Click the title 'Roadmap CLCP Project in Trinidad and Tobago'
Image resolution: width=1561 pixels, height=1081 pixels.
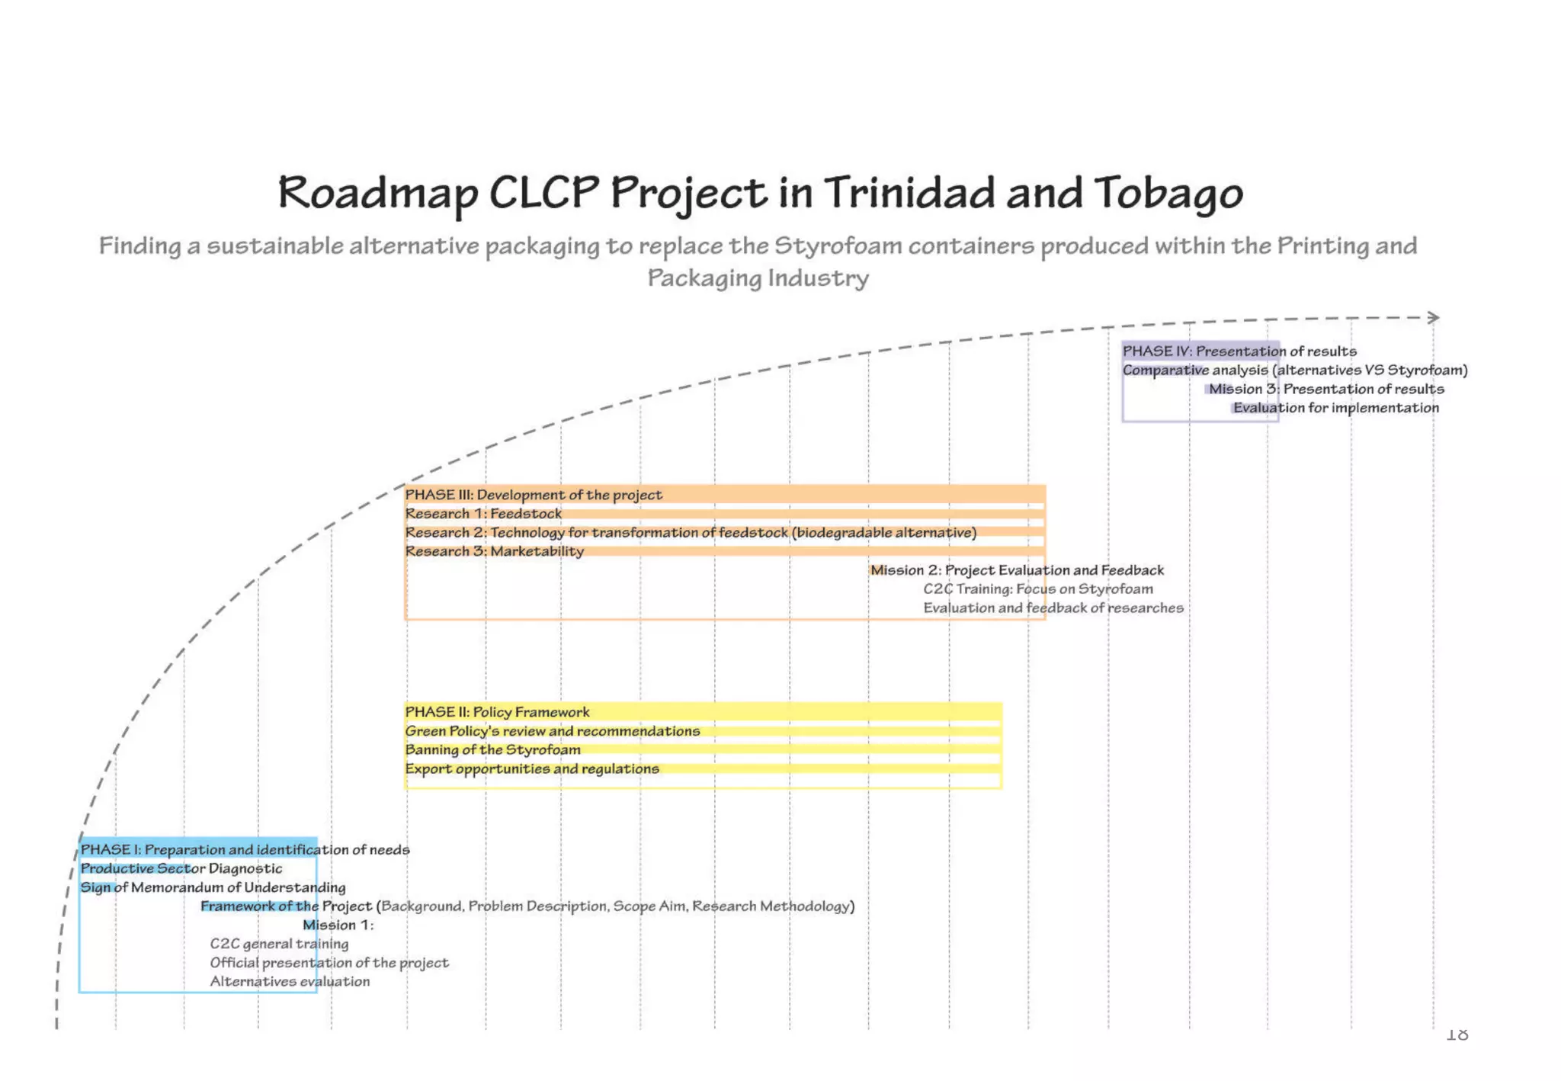[760, 192]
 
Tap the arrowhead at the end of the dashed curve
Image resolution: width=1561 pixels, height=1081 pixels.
[1434, 317]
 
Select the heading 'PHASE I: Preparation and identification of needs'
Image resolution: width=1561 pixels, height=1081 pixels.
[245, 849]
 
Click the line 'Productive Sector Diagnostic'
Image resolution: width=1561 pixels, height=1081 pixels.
[181, 868]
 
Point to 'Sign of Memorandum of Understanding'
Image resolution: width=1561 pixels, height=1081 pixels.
[213, 887]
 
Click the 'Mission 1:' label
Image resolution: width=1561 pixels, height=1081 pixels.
[338, 925]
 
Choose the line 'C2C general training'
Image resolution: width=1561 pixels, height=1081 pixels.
[279, 944]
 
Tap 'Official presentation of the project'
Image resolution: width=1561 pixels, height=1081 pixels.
[329, 963]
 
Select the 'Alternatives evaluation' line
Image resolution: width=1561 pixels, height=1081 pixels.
[290, 982]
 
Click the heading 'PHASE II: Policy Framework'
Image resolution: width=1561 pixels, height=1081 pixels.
[497, 712]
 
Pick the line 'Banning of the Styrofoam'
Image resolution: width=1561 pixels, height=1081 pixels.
[492, 750]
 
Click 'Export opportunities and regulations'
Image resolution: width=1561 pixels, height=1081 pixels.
[532, 769]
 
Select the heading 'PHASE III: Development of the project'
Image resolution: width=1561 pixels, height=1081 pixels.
[534, 495]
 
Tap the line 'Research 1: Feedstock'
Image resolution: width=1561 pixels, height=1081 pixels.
[483, 514]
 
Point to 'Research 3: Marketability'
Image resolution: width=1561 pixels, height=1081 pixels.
[495, 551]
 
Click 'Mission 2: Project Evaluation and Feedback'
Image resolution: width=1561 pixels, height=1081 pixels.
[1017, 570]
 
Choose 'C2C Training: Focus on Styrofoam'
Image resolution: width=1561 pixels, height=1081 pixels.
[1038, 589]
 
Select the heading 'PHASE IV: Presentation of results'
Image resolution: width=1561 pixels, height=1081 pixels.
[1239, 351]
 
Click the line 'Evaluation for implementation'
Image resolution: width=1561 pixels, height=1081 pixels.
[1336, 408]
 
